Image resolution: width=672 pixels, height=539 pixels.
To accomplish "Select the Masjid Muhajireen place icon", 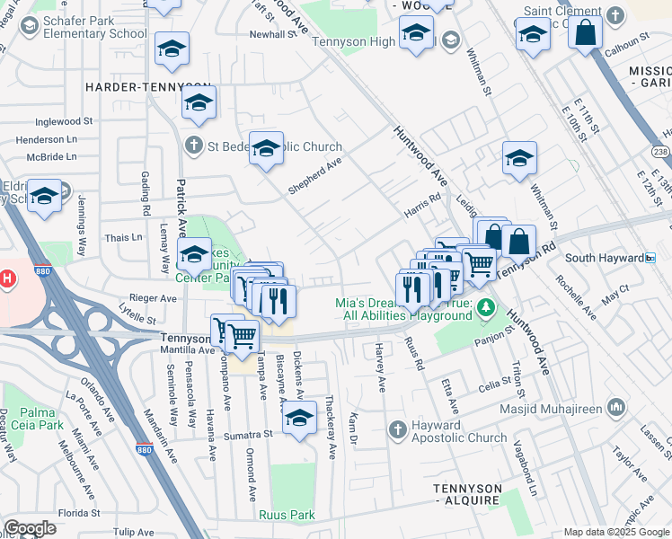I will click(616, 409).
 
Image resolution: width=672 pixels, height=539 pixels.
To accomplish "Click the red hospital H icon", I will click(7, 278).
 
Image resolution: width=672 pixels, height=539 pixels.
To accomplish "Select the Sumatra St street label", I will click(249, 434).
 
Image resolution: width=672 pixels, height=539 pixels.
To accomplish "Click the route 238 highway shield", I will click(661, 153).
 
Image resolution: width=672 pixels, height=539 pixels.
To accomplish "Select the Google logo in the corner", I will click(30, 528).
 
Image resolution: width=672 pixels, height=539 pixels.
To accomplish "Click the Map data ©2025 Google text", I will click(616, 532).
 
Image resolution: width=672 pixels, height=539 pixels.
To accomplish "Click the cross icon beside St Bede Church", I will click(193, 146).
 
